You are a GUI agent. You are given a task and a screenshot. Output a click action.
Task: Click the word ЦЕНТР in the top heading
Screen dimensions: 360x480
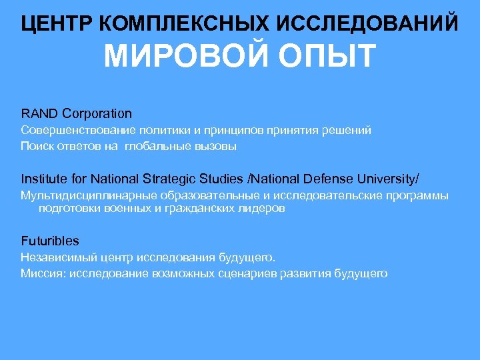[58, 23]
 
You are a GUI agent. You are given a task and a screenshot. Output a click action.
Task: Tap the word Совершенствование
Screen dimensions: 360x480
[75, 131]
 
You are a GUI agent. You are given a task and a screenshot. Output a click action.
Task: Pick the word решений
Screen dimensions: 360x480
[347, 131]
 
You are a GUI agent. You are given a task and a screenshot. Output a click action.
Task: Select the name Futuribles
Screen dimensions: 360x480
[50, 241]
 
